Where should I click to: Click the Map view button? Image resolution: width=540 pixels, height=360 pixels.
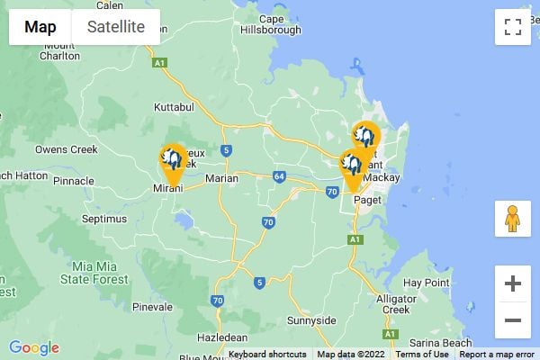point(40,27)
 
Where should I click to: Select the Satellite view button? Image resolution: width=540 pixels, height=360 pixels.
point(115,27)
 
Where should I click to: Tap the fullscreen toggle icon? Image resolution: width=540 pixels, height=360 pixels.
point(512,27)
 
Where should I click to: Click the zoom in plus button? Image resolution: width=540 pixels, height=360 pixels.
point(512,284)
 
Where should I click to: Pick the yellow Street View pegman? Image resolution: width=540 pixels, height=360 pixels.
point(512,219)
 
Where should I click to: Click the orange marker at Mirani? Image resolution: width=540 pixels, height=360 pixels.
point(173,163)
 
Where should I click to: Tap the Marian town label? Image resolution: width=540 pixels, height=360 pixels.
point(221,178)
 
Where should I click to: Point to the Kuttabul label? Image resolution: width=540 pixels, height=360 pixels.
point(175,107)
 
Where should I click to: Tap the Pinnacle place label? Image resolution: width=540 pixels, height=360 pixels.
point(74,181)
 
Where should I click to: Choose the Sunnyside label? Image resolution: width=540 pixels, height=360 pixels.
point(310,320)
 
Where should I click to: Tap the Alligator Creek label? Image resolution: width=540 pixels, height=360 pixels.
point(396,303)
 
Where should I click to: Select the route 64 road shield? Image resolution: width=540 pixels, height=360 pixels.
point(280,175)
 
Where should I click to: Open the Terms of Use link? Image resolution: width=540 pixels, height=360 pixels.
point(422,355)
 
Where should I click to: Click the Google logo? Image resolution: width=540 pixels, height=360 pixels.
point(34,348)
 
